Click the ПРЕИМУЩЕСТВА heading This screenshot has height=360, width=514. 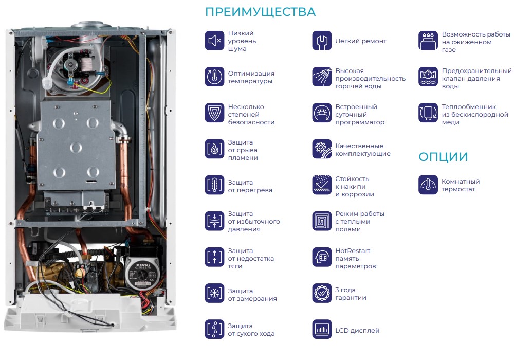[x=260, y=12]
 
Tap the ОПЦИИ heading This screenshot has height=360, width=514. [x=443, y=157]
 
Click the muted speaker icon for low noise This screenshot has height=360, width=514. [x=214, y=41]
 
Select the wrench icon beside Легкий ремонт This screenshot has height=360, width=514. [x=322, y=41]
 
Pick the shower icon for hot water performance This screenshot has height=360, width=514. [x=322, y=77]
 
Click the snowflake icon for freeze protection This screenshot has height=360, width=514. [x=214, y=293]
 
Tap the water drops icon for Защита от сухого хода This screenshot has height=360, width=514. [x=214, y=329]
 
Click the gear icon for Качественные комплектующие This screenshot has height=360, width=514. [x=322, y=149]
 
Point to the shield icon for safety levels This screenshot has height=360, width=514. [x=214, y=113]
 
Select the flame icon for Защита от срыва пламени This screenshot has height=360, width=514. [x=214, y=149]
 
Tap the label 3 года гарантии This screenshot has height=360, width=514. [x=351, y=294]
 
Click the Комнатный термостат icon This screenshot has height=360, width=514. [x=428, y=185]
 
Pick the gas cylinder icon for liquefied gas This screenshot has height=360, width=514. [x=428, y=41]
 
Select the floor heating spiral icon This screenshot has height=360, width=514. [x=322, y=221]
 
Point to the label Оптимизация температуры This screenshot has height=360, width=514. [x=251, y=77]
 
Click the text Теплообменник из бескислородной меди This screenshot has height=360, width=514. [x=475, y=114]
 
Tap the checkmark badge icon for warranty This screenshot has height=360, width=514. [x=322, y=293]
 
